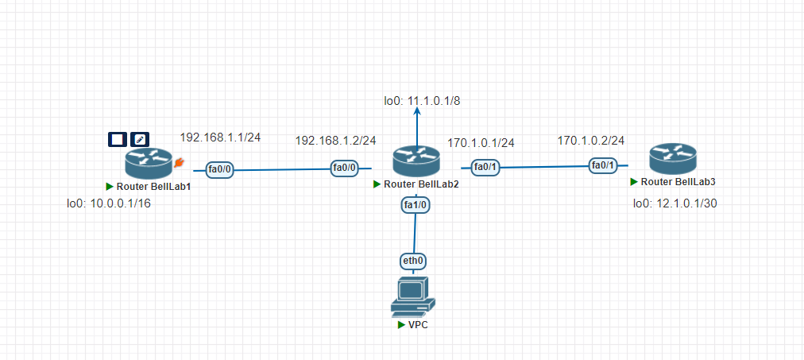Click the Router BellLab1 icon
(148, 164)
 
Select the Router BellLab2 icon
(416, 162)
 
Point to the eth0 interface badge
(413, 261)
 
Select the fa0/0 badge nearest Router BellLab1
(219, 168)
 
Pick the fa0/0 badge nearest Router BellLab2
(345, 168)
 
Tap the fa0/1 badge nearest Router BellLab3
(601, 165)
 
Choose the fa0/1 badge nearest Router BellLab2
(485, 167)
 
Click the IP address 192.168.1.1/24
(220, 137)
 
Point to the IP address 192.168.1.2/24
(335, 140)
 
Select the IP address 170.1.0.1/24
(481, 143)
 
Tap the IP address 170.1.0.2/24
(590, 140)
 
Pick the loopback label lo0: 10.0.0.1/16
(109, 203)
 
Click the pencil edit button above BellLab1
(140, 139)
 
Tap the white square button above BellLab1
(118, 139)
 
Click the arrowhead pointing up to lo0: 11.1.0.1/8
(416, 114)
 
